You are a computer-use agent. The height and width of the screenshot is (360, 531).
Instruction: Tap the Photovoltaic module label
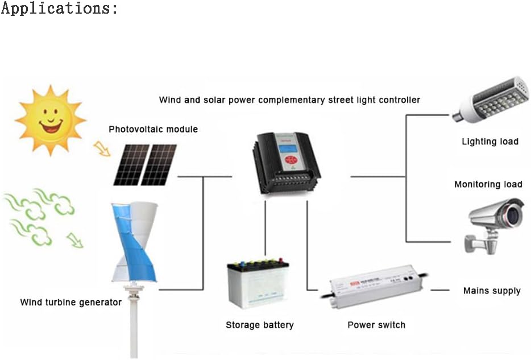[153, 129]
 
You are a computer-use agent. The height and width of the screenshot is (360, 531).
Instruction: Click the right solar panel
[159, 164]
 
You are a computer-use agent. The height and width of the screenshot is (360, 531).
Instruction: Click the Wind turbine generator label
[70, 302]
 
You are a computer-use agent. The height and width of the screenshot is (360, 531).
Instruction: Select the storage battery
[258, 284]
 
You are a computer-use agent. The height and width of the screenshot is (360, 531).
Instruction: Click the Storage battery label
[259, 325]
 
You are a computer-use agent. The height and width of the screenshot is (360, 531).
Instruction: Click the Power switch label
[376, 325]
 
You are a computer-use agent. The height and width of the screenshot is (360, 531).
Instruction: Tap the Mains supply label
[492, 291]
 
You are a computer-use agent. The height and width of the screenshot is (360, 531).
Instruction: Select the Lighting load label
[490, 141]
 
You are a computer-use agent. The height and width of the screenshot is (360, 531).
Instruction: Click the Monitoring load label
[488, 184]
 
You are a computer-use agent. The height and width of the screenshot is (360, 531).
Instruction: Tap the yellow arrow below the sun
[102, 148]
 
